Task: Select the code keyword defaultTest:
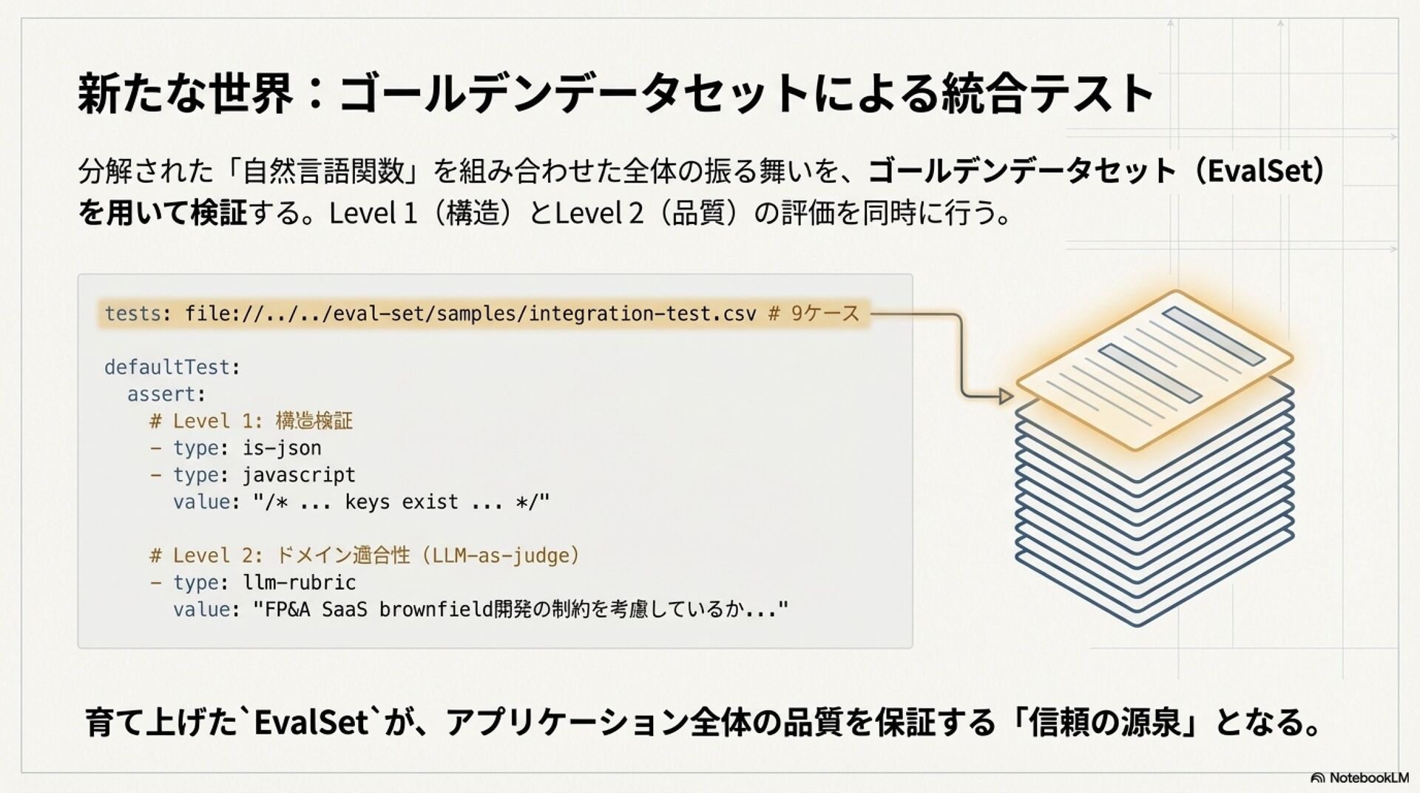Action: (x=172, y=367)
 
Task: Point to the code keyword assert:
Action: (x=166, y=394)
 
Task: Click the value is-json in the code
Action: (x=282, y=448)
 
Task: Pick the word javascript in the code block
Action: (x=299, y=475)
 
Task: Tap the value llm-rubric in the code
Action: (x=299, y=583)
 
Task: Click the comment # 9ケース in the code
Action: (x=814, y=314)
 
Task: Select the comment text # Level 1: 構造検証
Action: (x=251, y=422)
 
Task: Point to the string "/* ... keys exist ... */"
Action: (x=401, y=502)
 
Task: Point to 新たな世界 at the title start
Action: (x=185, y=95)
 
